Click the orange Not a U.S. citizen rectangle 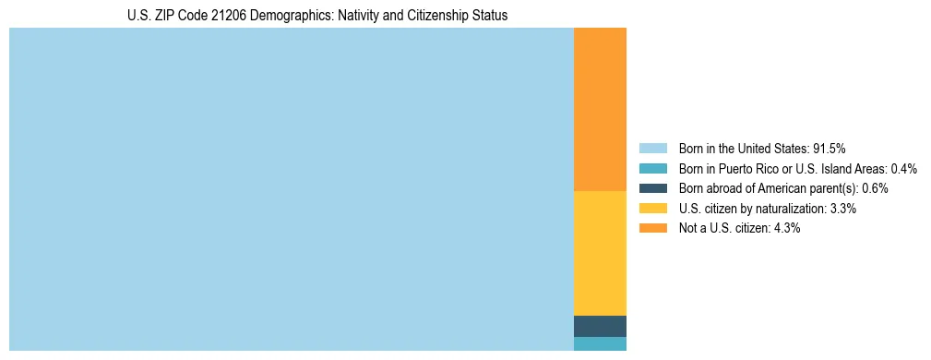pos(600,109)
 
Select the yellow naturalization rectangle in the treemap pos(600,253)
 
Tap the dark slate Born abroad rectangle pos(600,326)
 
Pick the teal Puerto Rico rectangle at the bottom pos(600,343)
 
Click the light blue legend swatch pos(652,149)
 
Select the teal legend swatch pos(652,169)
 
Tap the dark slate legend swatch pos(652,188)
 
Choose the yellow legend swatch pos(652,209)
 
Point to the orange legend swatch pos(652,228)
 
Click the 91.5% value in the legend pos(829,149)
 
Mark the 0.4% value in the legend pos(903,169)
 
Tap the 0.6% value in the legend pos(875,188)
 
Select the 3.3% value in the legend pos(842,209)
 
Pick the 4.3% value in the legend pos(786,228)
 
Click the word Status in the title pos(489,16)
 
